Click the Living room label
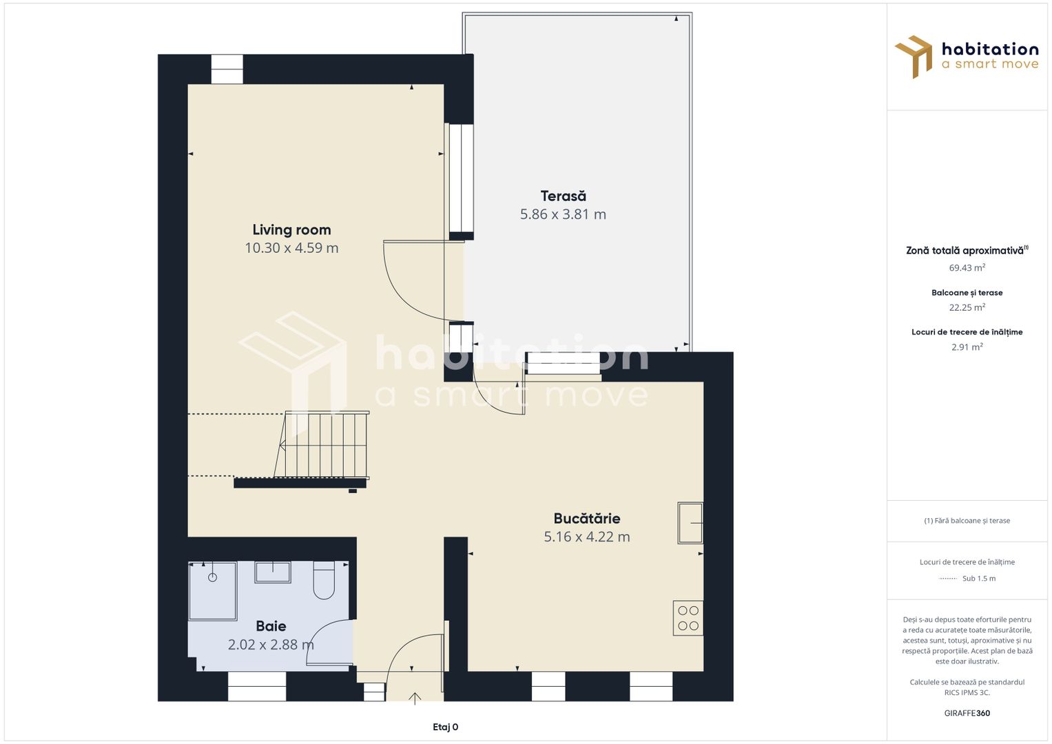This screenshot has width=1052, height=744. (x=291, y=230)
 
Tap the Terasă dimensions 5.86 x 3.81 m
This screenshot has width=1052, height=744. (x=563, y=214)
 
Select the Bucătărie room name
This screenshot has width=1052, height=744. (x=587, y=518)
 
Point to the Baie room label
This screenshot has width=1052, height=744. (x=271, y=626)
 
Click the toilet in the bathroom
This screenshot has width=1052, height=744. (x=324, y=579)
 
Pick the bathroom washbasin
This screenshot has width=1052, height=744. (x=273, y=572)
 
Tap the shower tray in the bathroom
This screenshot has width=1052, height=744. (x=213, y=591)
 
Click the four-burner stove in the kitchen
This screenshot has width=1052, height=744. (x=688, y=618)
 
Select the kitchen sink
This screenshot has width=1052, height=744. (x=690, y=523)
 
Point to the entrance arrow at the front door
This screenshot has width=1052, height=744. (x=415, y=699)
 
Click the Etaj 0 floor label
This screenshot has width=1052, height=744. (x=445, y=727)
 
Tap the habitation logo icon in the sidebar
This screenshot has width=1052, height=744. (x=914, y=56)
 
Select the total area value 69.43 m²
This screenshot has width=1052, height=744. (x=967, y=268)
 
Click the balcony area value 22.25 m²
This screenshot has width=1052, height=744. (x=967, y=308)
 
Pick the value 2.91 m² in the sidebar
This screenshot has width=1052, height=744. (x=967, y=347)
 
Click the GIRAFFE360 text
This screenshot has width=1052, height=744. (x=967, y=713)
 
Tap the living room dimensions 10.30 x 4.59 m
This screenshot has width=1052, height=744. (x=291, y=248)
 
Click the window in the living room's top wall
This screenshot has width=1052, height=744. (x=227, y=70)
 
